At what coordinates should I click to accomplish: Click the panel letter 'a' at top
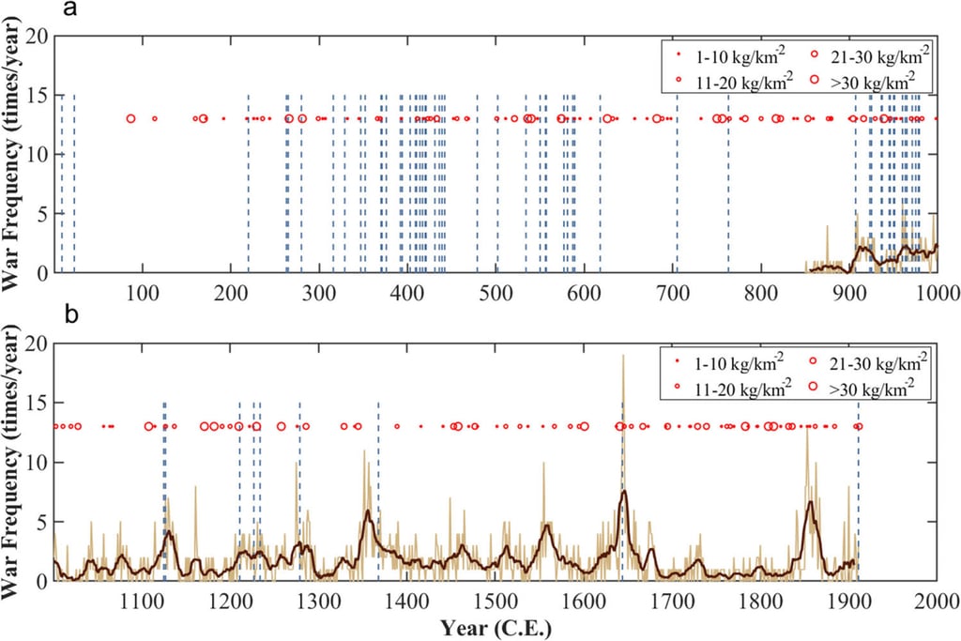[x=70, y=11]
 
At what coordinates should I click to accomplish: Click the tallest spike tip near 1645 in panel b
[x=622, y=356]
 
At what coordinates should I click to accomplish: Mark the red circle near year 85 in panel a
[x=130, y=119]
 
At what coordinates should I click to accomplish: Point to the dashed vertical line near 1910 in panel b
[x=857, y=497]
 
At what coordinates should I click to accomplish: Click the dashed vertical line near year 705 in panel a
[x=677, y=188]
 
